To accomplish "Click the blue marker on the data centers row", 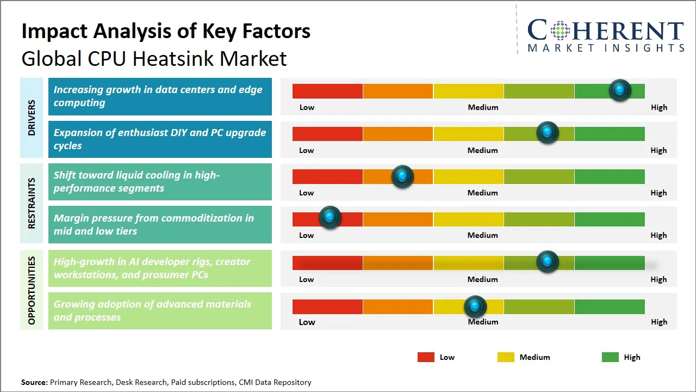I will (x=620, y=90).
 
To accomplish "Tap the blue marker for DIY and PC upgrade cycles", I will (x=548, y=133).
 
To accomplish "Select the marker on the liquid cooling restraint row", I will (x=402, y=176).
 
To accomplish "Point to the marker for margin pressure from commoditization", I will (x=330, y=217).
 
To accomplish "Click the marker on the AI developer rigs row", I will (x=548, y=262).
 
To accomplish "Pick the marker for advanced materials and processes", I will (x=475, y=307).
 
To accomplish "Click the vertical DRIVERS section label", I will (x=32, y=118).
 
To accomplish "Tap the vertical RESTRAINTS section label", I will (x=32, y=203).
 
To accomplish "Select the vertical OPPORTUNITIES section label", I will (x=32, y=290).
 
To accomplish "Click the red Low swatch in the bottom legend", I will (x=426, y=357).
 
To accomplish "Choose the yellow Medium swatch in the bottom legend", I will (x=506, y=357).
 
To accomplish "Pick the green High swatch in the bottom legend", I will (x=610, y=357).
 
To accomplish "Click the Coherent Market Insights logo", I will (x=605, y=35).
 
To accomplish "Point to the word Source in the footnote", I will (x=34, y=382).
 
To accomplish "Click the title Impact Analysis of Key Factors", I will (x=166, y=32).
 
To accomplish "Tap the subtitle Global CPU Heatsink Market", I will (x=154, y=58).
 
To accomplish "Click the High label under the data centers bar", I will (x=658, y=107).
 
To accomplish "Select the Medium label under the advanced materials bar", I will (x=483, y=322).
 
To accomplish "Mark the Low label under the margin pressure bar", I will (x=307, y=235).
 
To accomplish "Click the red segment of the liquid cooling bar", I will (x=327, y=176).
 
